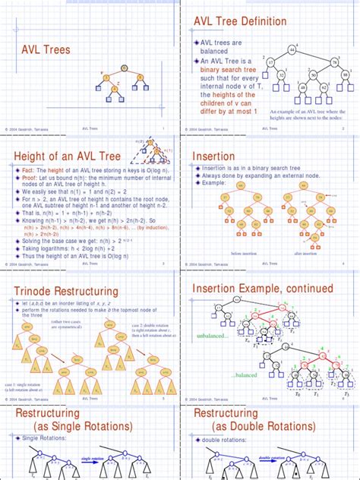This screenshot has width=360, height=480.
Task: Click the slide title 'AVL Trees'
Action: click(x=45, y=50)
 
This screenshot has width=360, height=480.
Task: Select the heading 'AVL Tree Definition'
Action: click(x=240, y=22)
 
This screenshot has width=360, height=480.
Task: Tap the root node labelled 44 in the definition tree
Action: click(x=292, y=50)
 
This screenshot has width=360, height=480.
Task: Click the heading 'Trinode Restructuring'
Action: click(x=67, y=291)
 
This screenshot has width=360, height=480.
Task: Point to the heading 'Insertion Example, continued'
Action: click(x=263, y=289)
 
